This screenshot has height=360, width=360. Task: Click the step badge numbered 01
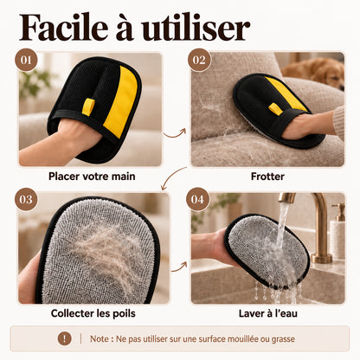tap(26, 60)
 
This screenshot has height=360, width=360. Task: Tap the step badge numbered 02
tap(199, 60)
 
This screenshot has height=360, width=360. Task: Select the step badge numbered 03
tap(26, 199)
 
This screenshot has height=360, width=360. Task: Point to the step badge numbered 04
tap(197, 199)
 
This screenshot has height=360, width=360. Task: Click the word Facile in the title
tap(63, 28)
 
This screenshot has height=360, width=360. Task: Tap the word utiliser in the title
tap(196, 28)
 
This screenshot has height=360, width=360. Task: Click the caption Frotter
tap(267, 177)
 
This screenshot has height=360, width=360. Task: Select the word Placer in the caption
tap(64, 177)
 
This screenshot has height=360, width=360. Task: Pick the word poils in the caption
tap(124, 313)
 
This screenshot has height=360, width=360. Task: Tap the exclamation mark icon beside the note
tap(64, 338)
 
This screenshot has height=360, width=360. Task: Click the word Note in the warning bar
tap(100, 338)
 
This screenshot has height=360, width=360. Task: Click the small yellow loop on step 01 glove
tap(88, 106)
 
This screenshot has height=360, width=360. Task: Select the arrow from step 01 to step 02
tap(175, 134)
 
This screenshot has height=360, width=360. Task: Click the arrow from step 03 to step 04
tap(179, 267)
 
